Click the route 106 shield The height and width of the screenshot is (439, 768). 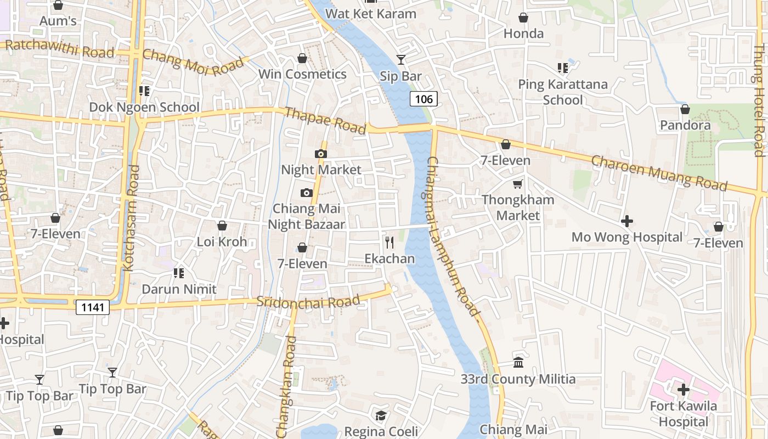coord(423,99)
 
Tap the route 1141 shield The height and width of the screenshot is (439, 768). coord(92,307)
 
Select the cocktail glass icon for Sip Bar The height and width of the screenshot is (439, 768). coord(401,59)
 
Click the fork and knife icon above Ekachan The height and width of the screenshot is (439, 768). coord(389,242)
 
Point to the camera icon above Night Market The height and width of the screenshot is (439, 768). coord(321,154)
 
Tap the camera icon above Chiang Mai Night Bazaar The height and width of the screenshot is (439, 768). coord(307,193)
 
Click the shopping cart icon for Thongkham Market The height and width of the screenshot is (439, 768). coord(518,184)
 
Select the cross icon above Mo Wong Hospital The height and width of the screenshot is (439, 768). coord(627,221)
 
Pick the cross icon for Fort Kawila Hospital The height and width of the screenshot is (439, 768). coord(683,390)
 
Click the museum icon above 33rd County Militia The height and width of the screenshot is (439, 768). coord(518,362)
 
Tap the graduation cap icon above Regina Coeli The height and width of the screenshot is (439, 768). coord(381,415)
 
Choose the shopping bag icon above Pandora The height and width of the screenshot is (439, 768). coord(685,109)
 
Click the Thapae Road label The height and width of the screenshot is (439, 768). coord(325,120)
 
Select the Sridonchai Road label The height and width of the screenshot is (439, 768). coord(308,301)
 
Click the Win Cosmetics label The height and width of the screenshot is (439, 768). coord(302,74)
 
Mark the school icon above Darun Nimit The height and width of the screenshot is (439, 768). coord(178,273)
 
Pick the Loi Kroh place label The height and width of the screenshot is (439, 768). coord(222,242)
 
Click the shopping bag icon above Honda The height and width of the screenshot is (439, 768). coord(523,18)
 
